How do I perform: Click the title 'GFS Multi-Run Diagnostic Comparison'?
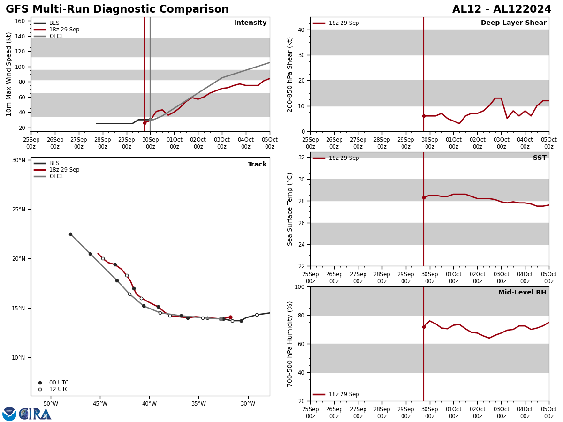[x=117, y=9]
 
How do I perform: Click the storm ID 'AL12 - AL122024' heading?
[x=502, y=9]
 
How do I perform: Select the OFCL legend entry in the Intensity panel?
[x=56, y=36]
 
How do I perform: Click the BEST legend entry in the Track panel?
[x=56, y=163]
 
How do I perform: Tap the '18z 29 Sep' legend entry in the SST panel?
[x=343, y=158]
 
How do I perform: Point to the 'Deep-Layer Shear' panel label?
[x=513, y=23]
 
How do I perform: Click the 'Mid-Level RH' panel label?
[x=522, y=293]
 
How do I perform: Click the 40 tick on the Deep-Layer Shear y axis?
[x=301, y=30]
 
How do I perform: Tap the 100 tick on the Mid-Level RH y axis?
[x=299, y=286]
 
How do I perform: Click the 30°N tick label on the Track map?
[x=19, y=160]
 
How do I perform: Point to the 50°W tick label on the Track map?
[x=51, y=404]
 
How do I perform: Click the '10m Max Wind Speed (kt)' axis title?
[x=9, y=74]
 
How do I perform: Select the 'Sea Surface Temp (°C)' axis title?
[x=290, y=209]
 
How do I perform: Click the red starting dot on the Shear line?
[x=424, y=116]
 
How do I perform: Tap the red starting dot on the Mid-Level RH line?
[x=424, y=327]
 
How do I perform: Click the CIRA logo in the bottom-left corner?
[x=27, y=414]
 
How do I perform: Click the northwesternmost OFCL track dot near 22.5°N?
[x=70, y=234]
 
